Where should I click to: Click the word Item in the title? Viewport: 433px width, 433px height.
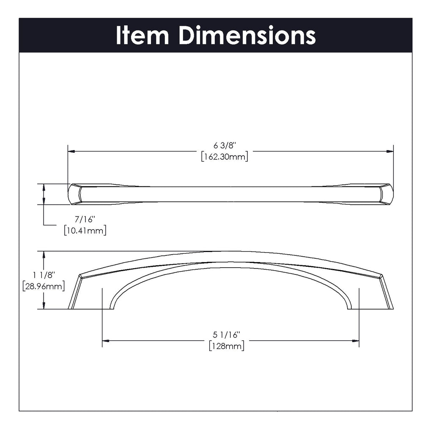coord(142,36)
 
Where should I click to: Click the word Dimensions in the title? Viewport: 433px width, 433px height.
coord(247,36)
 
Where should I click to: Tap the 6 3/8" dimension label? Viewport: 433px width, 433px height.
coord(224,146)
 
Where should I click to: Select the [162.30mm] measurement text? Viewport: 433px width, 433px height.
coord(224,156)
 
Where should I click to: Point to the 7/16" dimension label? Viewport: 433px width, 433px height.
coord(85,219)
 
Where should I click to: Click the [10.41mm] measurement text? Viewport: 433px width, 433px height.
coord(85,230)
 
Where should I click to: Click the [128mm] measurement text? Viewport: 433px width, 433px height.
coord(227,346)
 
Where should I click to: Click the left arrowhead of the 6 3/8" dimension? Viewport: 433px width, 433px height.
coord(71,151)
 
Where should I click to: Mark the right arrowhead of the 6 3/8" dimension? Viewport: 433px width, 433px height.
coord(390,151)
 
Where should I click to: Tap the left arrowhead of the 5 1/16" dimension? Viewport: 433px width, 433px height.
coord(106,340)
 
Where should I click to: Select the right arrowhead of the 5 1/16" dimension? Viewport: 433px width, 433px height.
coord(356,340)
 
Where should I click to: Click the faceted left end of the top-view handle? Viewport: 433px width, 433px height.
coord(75,195)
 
